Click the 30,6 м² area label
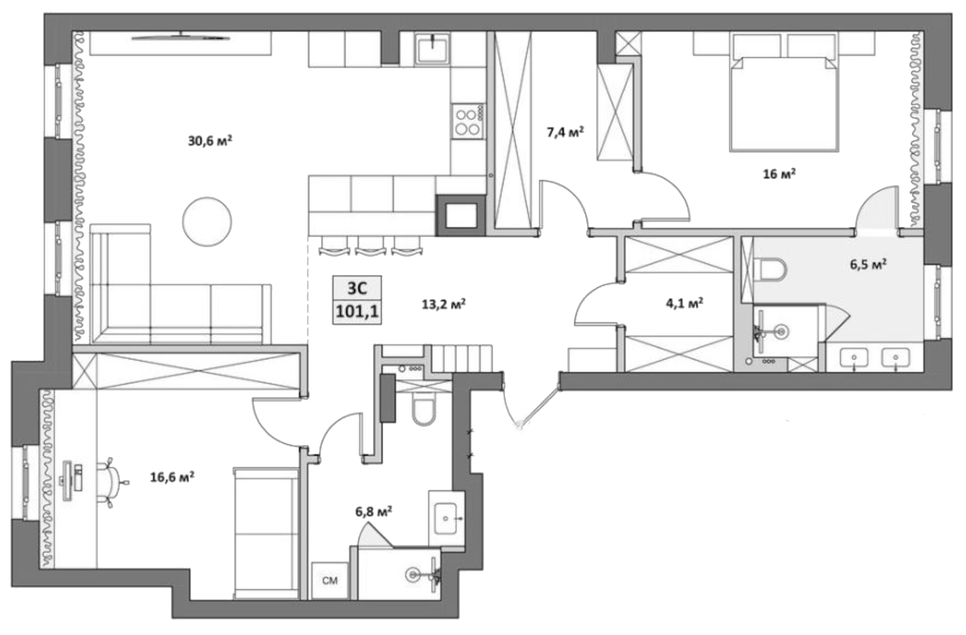click(210, 141)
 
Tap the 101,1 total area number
click(357, 311)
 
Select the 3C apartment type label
click(357, 288)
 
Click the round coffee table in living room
click(207, 221)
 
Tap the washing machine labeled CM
click(330, 580)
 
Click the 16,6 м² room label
click(172, 476)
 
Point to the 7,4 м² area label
click(565, 131)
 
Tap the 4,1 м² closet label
click(684, 304)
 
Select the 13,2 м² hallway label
click(443, 305)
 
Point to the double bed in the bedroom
click(783, 105)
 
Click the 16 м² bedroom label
click(779, 174)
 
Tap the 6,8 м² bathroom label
click(374, 511)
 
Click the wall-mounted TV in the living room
click(181, 38)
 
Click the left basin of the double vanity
click(853, 357)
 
